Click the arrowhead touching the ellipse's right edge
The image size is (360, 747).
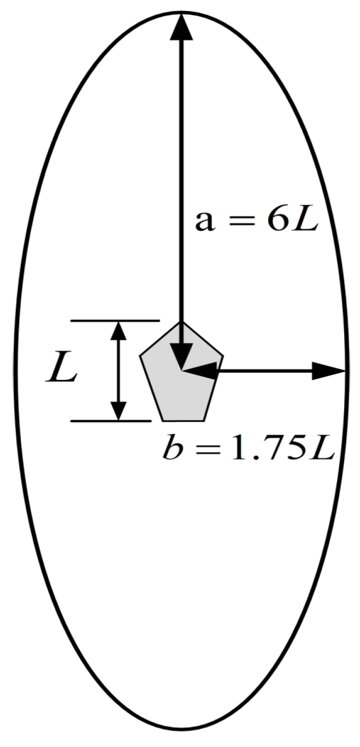(331, 371)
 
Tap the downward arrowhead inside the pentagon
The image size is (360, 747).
(181, 355)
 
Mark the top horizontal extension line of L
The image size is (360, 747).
(115, 321)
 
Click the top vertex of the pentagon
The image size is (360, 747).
(181, 322)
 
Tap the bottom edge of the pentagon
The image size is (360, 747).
(185, 420)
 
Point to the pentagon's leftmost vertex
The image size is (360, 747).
(141, 357)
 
